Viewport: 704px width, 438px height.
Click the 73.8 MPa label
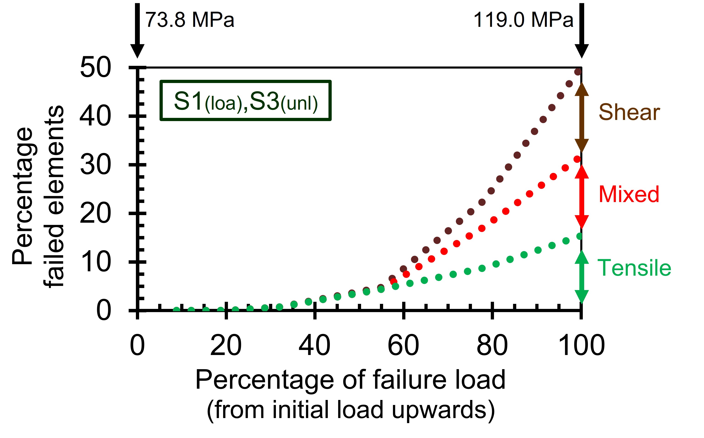(190, 20)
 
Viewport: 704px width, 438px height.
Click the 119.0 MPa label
(523, 20)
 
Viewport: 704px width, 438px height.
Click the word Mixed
(629, 194)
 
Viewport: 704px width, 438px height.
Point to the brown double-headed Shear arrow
(582, 117)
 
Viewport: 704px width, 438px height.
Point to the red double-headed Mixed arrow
(582, 197)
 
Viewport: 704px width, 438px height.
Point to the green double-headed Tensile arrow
(582, 277)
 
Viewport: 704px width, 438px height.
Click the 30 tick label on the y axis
(95, 165)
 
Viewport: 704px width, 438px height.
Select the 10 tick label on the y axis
(95, 262)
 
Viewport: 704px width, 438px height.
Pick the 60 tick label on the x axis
(403, 345)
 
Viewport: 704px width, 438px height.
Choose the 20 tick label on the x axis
(226, 345)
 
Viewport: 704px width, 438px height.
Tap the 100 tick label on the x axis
(582, 345)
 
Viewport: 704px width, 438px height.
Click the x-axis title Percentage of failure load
(351, 380)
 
